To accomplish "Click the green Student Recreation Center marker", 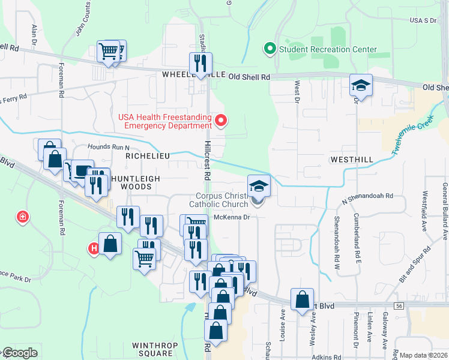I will click(x=270, y=49).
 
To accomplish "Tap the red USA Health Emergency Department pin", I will click(x=221, y=121).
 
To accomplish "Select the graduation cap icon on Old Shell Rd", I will click(x=361, y=85).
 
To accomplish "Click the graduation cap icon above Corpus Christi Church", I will click(x=259, y=185).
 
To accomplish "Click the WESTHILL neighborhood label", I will click(x=352, y=160).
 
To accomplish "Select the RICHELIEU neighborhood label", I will click(x=148, y=155).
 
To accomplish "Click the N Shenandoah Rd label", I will click(x=367, y=196).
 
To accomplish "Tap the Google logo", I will click(x=19, y=353).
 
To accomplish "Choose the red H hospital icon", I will click(x=94, y=248).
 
